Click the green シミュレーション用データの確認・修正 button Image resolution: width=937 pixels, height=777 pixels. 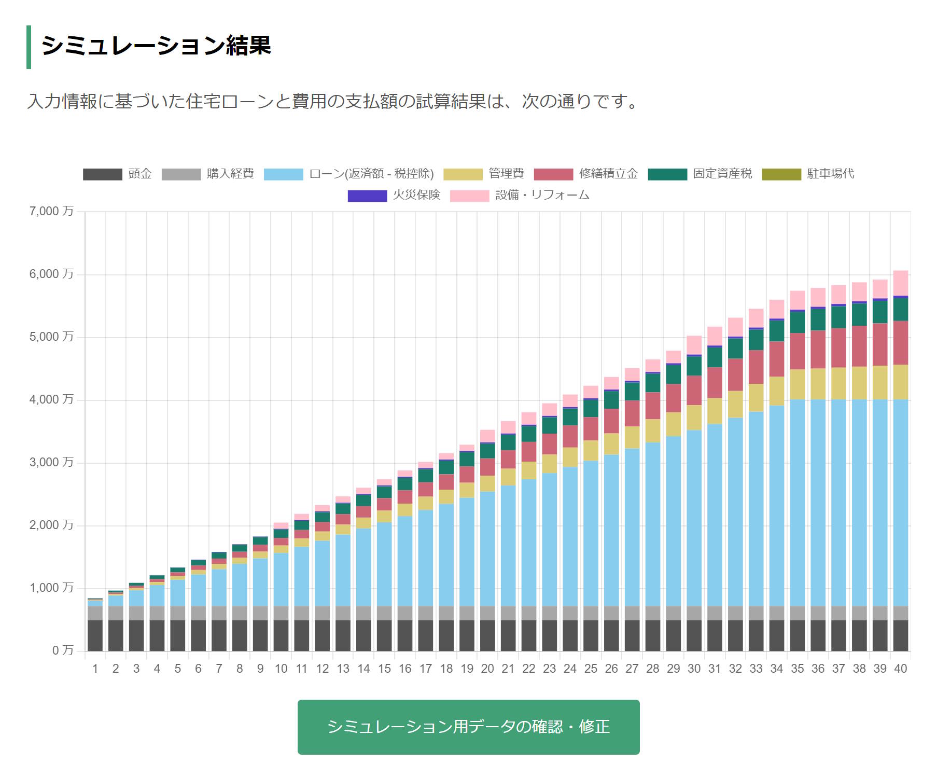click(468, 727)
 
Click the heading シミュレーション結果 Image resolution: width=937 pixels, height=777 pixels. click(156, 46)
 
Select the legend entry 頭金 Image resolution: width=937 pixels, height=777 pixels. click(117, 174)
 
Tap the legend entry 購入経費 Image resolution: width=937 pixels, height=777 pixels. click(207, 174)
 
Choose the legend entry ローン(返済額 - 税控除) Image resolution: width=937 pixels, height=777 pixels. click(348, 174)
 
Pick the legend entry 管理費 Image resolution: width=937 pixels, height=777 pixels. click(483, 174)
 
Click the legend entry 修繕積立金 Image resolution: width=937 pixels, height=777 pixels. click(585, 174)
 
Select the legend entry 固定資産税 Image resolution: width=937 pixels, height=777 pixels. click(700, 174)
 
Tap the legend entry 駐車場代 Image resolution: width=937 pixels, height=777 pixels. click(807, 174)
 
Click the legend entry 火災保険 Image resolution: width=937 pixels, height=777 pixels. click(394, 196)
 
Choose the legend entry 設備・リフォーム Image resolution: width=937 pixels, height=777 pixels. click(520, 196)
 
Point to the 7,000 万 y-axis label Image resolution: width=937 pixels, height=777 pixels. click(51, 211)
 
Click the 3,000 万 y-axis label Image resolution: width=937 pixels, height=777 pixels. click(51, 462)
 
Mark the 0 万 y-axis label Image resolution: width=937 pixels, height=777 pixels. click(63, 650)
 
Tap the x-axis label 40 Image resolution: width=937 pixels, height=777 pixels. click(900, 669)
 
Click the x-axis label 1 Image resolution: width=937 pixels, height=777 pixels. click(95, 669)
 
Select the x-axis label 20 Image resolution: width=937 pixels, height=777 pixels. click(487, 669)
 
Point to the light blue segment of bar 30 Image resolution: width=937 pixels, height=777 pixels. click(694, 519)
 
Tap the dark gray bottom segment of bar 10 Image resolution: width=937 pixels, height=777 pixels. click(281, 635)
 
